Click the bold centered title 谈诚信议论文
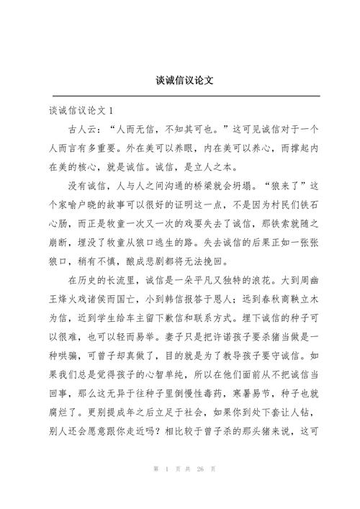coord(180,80)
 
